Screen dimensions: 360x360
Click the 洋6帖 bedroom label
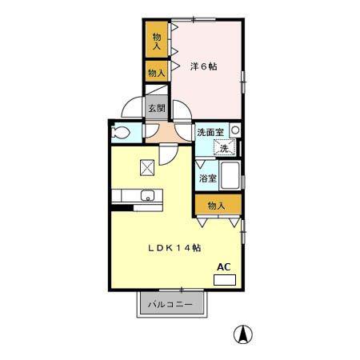[x=203, y=66]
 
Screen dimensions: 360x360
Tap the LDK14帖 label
[x=174, y=248]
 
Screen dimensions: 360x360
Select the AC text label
[x=223, y=267]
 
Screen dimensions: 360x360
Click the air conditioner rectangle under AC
[x=225, y=280]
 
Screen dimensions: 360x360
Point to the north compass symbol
[x=243, y=334]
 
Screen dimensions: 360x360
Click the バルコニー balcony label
[x=170, y=304]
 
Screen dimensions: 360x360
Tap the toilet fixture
[x=120, y=133]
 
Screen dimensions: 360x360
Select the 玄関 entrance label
[x=157, y=108]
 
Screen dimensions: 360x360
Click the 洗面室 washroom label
[x=210, y=132]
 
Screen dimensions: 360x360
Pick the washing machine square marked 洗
[x=225, y=148]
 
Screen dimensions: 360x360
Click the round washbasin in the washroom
[x=235, y=130]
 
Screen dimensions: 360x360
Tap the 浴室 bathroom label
[x=208, y=178]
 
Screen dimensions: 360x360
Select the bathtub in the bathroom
[x=230, y=175]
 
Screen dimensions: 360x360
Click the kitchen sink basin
[x=147, y=195]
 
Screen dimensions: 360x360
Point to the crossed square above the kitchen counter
[x=147, y=167]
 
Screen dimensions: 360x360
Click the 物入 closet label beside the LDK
[x=217, y=206]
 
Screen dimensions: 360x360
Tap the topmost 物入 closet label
[x=157, y=42]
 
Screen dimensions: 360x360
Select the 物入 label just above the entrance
[x=157, y=73]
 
